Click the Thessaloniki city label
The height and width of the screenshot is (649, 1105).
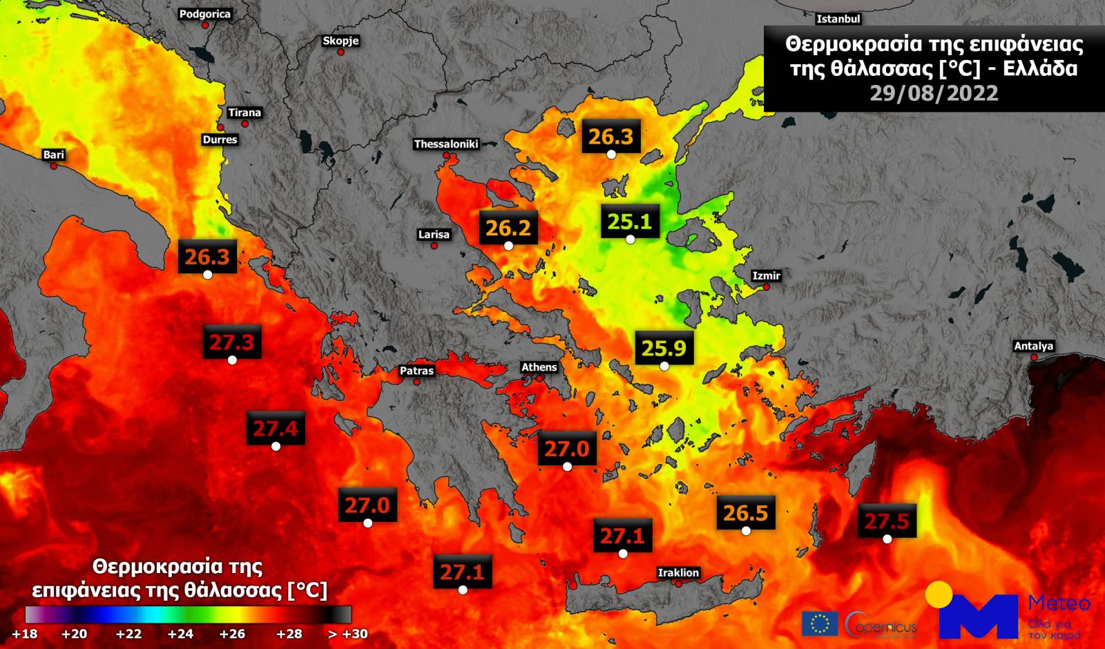(x=445, y=144)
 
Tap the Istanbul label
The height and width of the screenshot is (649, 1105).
(x=838, y=19)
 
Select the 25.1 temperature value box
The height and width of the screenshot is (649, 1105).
(x=629, y=222)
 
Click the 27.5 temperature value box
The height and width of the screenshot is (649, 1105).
(x=887, y=521)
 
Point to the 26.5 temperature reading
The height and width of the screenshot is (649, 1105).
(x=745, y=513)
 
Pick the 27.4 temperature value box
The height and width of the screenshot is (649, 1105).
(x=275, y=429)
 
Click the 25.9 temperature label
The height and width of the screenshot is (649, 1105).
(x=664, y=348)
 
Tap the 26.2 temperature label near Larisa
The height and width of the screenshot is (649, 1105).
(x=508, y=228)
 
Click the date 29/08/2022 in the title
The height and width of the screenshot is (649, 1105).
(x=933, y=93)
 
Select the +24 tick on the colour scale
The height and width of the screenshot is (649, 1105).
(x=180, y=634)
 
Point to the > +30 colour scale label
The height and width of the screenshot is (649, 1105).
(x=347, y=634)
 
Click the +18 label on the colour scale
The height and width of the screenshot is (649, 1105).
(x=25, y=634)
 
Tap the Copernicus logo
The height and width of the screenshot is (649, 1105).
(x=881, y=625)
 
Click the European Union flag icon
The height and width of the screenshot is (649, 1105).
(x=819, y=623)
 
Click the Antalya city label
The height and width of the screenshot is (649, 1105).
(x=1033, y=346)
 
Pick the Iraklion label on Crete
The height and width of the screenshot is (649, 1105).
(x=678, y=572)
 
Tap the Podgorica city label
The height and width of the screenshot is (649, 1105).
(x=204, y=14)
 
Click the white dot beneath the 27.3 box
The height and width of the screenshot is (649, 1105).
(x=232, y=360)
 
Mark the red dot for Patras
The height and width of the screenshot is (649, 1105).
(x=416, y=381)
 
